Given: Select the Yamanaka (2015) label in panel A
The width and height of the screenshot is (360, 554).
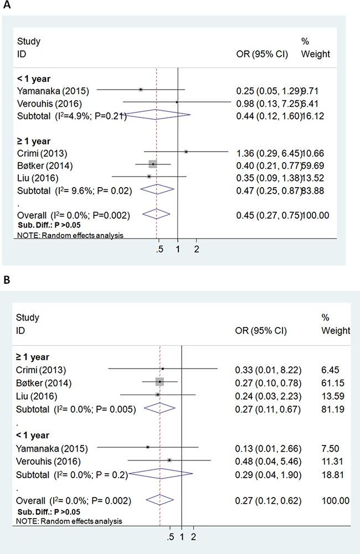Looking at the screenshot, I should tap(48, 89).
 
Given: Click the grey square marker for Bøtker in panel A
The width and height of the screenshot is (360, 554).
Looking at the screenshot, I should tap(153, 164).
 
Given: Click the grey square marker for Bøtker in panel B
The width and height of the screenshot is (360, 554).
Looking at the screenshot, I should tap(160, 382).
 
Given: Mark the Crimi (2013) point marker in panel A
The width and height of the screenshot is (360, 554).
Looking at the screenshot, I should tap(186, 151).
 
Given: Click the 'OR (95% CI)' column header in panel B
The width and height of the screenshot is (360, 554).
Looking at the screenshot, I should tap(262, 331).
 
